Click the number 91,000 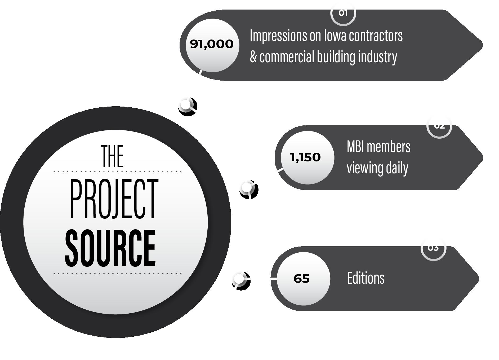(x=212, y=44)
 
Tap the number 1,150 (x=305, y=157)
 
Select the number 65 (x=301, y=279)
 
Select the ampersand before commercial (x=253, y=57)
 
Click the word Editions (x=366, y=278)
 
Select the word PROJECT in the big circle (x=114, y=199)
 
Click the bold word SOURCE (x=110, y=248)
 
